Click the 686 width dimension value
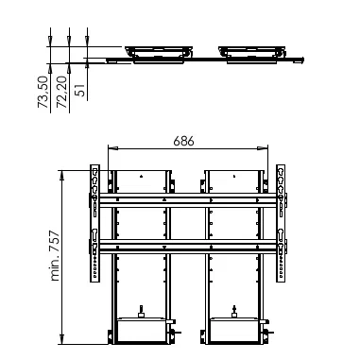(183, 141)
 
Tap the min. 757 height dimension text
(55, 256)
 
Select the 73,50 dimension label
(43, 92)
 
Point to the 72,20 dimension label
(61, 92)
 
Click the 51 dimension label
(80, 90)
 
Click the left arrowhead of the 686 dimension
(113, 148)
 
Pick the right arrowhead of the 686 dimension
(263, 148)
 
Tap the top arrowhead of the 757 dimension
(62, 176)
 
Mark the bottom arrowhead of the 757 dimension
(62, 339)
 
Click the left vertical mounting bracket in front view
(94, 223)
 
